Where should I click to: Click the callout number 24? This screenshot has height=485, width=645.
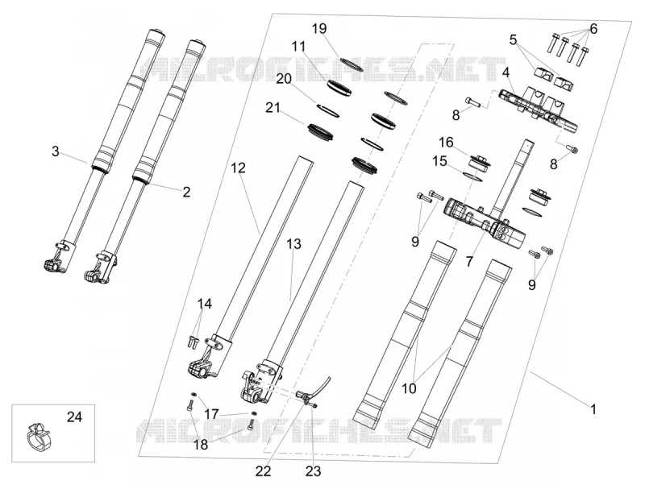click(74, 417)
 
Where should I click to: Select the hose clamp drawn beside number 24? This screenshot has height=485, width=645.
click(38, 437)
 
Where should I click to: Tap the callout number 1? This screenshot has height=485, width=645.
click(593, 409)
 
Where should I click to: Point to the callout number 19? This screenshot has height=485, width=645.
click(319, 29)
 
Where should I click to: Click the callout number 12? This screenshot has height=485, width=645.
click(238, 168)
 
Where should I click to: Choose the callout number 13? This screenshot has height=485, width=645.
click(293, 244)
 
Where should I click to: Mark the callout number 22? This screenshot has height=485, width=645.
click(264, 471)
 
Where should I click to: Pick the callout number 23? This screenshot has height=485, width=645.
click(313, 471)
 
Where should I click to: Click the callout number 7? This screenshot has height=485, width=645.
click(469, 261)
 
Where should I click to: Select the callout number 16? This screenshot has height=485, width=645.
click(446, 143)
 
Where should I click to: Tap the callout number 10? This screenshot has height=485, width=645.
click(409, 388)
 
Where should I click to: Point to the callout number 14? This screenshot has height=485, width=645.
click(205, 305)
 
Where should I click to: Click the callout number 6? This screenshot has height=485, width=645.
click(593, 29)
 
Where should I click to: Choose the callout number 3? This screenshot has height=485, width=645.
click(56, 151)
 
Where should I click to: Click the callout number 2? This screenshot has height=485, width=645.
click(186, 192)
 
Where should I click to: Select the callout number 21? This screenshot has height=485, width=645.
click(273, 108)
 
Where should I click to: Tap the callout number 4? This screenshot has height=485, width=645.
click(506, 73)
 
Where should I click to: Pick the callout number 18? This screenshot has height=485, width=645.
click(201, 445)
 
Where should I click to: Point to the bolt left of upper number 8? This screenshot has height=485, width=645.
click(472, 102)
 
